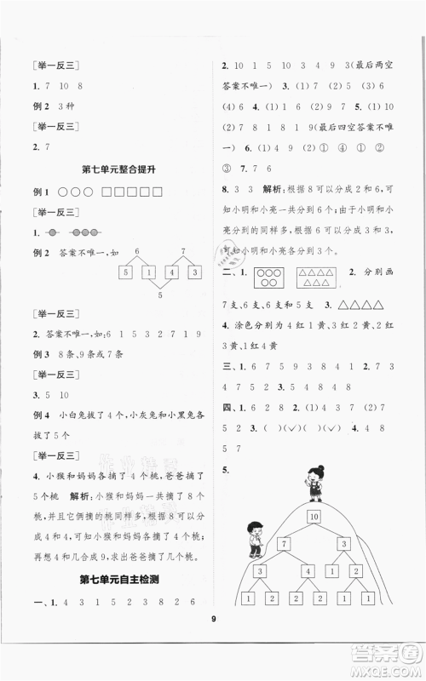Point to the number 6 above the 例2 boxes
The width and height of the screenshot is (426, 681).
tap(136, 252)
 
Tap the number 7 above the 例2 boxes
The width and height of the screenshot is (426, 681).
tap(184, 252)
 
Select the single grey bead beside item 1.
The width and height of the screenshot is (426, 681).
tap(51, 233)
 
